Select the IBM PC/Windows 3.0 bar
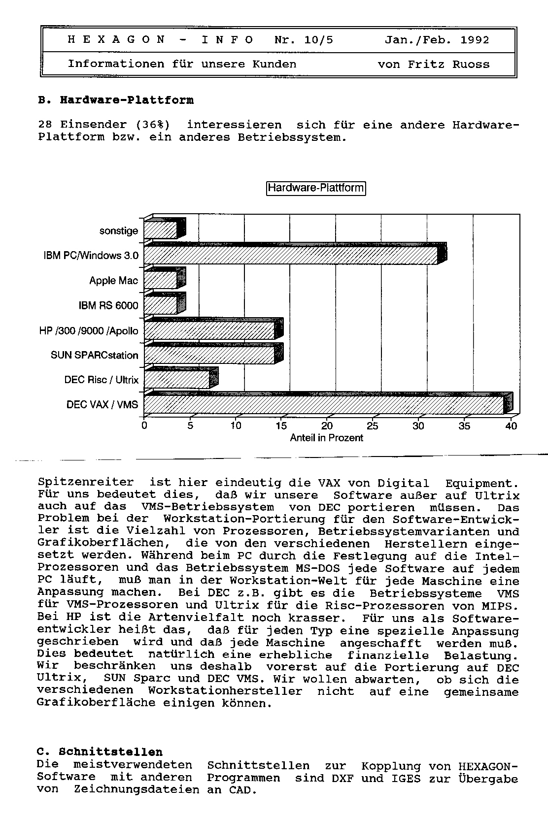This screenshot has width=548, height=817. click(x=291, y=255)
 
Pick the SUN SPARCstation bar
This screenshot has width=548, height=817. click(x=209, y=355)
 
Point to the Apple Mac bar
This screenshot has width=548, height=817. click(x=160, y=280)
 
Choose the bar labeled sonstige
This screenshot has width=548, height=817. click(x=160, y=230)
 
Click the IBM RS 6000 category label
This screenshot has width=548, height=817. click(x=108, y=306)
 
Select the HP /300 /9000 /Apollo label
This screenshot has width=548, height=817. click(x=89, y=330)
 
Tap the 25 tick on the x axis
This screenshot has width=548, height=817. click(x=373, y=426)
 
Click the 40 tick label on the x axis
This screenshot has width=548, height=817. click(x=511, y=426)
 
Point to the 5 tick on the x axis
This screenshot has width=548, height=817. click(x=190, y=426)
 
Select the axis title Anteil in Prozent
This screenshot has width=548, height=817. click(x=326, y=438)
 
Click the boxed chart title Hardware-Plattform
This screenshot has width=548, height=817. click(x=316, y=188)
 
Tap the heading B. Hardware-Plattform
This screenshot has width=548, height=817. click(x=116, y=100)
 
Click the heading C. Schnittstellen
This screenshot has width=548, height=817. click(x=100, y=752)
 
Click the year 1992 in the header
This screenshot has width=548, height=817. click(x=475, y=40)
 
